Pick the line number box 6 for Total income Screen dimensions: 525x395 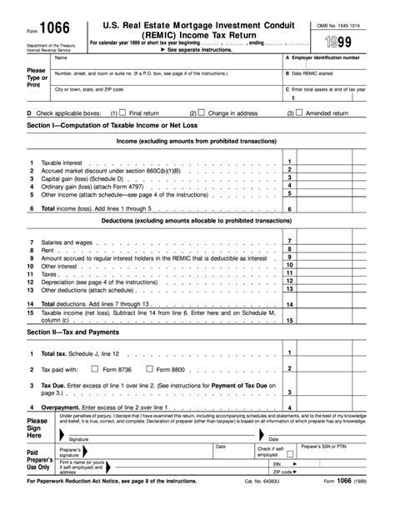288,209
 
